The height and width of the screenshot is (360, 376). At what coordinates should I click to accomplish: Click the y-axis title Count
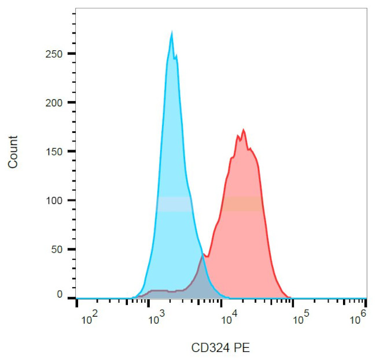pos(13,151)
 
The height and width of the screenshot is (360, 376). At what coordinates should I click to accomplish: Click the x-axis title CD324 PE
pos(220,348)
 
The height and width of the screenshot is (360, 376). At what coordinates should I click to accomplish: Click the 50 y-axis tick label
pos(58,250)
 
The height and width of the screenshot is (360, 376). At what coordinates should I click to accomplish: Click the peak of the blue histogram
pos(172,35)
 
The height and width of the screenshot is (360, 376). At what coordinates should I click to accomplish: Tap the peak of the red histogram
pos(244,131)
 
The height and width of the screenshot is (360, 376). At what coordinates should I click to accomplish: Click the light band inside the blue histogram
pos(174,204)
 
